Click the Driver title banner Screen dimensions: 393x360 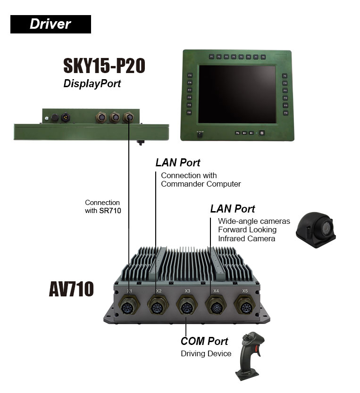click(50, 24)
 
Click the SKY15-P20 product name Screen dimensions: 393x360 click(104, 66)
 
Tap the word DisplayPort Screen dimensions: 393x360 click(92, 84)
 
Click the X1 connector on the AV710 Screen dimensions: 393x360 click(129, 305)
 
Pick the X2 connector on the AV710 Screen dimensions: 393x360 click(158, 305)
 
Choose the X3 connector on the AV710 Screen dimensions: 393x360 click(186, 305)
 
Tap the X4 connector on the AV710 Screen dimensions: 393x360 click(216, 305)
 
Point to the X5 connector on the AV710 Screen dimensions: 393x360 click(245, 305)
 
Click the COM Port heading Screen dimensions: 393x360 click(204, 341)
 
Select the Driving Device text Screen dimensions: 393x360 click(206, 353)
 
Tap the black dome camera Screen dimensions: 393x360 click(315, 229)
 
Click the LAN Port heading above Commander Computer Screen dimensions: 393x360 click(178, 163)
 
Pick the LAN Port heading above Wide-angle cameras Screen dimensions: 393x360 click(233, 209)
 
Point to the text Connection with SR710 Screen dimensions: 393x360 click(103, 207)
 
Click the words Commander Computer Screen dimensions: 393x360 click(201, 184)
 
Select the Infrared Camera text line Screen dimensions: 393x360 click(246, 239)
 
